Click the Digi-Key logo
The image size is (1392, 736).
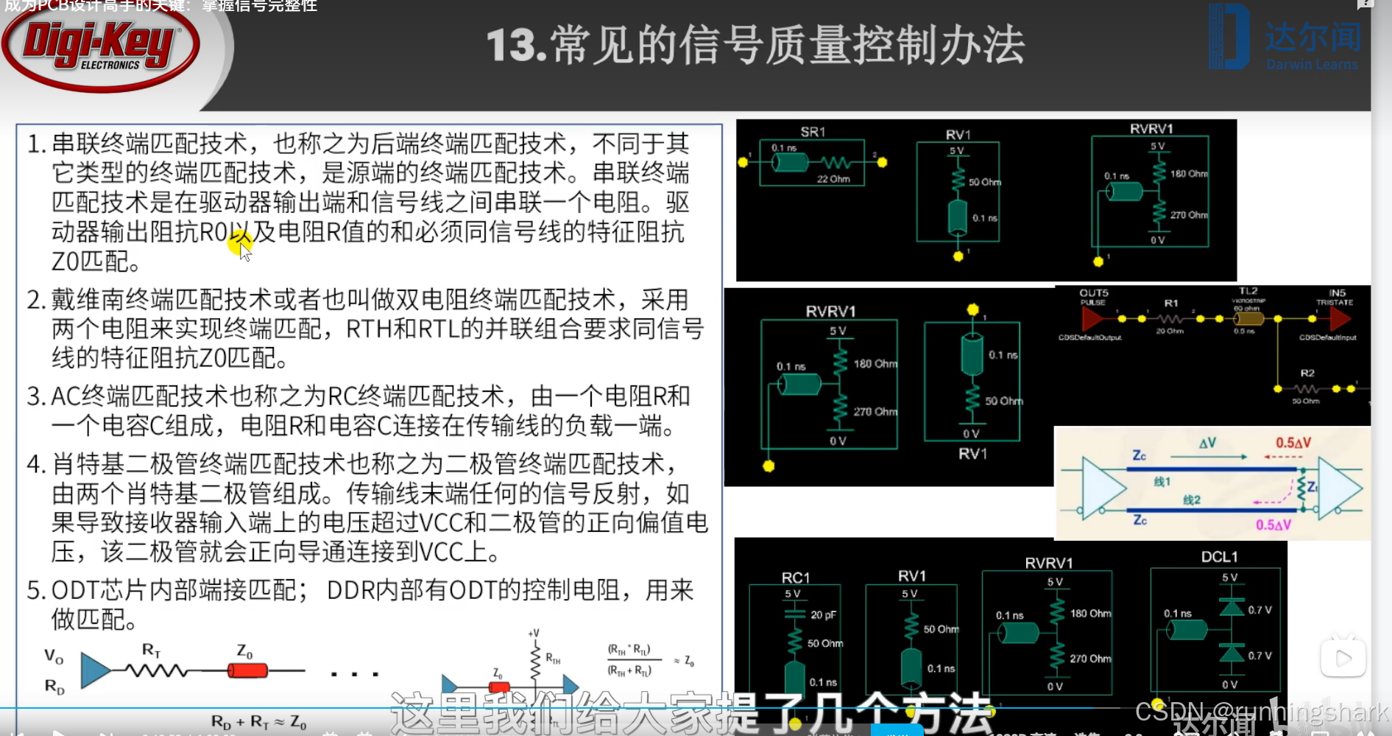pos(101,46)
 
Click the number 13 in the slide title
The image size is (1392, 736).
pos(512,46)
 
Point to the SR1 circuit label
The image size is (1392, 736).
pos(813,132)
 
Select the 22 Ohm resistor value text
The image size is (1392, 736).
pos(833,179)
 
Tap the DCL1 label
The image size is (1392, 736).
pos(1219,557)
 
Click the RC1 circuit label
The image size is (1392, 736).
pos(795,578)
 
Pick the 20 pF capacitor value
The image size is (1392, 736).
pos(823,614)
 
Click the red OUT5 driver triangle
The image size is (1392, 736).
pos(1092,318)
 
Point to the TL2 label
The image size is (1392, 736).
pos(1248,291)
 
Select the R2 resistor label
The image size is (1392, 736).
pos(1307,373)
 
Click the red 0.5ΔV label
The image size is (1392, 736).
pos(1293,443)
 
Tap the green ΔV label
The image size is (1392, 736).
pos(1207,443)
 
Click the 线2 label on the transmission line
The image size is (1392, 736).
pos(1191,500)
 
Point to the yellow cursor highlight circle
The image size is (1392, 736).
pos(239,242)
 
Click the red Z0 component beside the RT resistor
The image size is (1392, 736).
pos(247,670)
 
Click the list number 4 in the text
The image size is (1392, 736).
pos(35,464)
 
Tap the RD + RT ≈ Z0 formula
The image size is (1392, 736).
pos(258,722)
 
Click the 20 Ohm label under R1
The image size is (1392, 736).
pos(1169,332)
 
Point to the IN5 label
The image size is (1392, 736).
pos(1337,292)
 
